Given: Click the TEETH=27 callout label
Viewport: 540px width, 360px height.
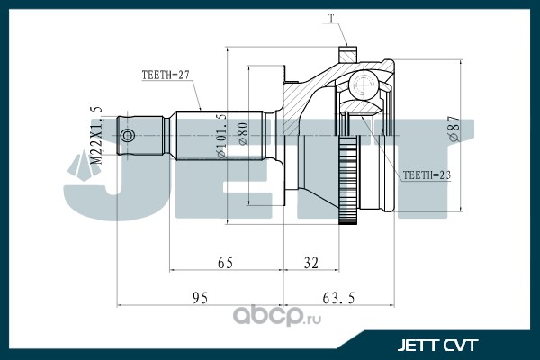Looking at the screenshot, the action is (x=166, y=75).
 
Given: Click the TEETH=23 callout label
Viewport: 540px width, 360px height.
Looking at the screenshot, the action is (x=427, y=175).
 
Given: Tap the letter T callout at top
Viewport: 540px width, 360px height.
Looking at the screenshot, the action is (x=331, y=19).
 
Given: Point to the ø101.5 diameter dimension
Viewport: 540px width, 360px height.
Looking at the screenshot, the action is (x=221, y=136).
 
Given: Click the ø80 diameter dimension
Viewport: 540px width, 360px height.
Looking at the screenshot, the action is (x=242, y=134).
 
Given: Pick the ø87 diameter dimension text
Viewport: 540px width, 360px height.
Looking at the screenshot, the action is (x=454, y=128).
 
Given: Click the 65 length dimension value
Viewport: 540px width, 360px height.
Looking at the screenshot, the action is (x=225, y=263).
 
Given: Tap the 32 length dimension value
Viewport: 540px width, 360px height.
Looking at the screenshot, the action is (x=311, y=263).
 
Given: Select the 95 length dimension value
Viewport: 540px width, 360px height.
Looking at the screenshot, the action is (x=200, y=298).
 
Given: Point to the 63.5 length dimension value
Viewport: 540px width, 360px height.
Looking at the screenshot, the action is (x=338, y=298).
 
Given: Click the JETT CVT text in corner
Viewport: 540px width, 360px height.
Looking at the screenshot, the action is (x=437, y=345).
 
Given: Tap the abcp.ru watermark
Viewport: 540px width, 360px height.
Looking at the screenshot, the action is (x=277, y=315).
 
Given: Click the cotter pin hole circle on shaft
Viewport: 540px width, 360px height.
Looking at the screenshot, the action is (x=128, y=135).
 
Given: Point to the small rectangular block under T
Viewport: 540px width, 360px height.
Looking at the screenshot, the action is (x=347, y=55).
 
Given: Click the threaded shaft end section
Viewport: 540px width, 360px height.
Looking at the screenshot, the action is (x=140, y=135).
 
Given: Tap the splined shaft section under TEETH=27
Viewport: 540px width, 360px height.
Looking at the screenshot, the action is (x=220, y=135).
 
